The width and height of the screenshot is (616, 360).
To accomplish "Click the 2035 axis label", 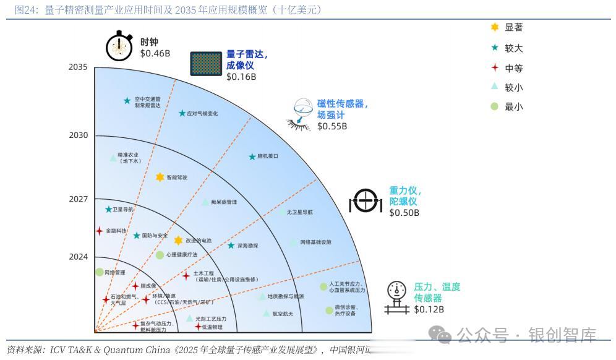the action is [x=78, y=67].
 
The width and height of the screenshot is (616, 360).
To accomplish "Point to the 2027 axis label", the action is [x=78, y=199].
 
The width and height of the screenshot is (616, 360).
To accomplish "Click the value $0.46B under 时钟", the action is [x=155, y=53].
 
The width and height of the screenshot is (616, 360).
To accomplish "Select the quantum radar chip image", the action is [x=205, y=64].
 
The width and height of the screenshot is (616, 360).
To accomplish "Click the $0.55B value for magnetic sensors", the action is [x=332, y=126].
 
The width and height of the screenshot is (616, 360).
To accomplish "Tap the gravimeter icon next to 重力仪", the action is [x=367, y=200].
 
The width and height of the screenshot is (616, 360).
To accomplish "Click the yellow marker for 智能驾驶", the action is [x=160, y=178].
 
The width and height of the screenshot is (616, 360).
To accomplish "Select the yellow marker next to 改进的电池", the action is [x=178, y=241].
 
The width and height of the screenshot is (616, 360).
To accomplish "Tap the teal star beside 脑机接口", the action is [x=252, y=156].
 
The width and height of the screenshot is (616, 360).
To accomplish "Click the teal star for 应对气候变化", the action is [x=182, y=113].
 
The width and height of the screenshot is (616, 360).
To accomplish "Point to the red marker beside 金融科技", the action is [x=99, y=231].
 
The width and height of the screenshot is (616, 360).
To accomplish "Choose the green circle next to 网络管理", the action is [x=99, y=272].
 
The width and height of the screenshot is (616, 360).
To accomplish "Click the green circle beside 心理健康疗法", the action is [x=160, y=255].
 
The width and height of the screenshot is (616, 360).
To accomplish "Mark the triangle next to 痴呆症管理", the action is [x=205, y=202].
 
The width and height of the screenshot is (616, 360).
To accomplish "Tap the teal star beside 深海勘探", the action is [x=231, y=246].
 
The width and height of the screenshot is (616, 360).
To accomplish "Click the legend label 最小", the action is [x=513, y=106].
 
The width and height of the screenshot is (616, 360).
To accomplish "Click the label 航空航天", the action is [x=283, y=314].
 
